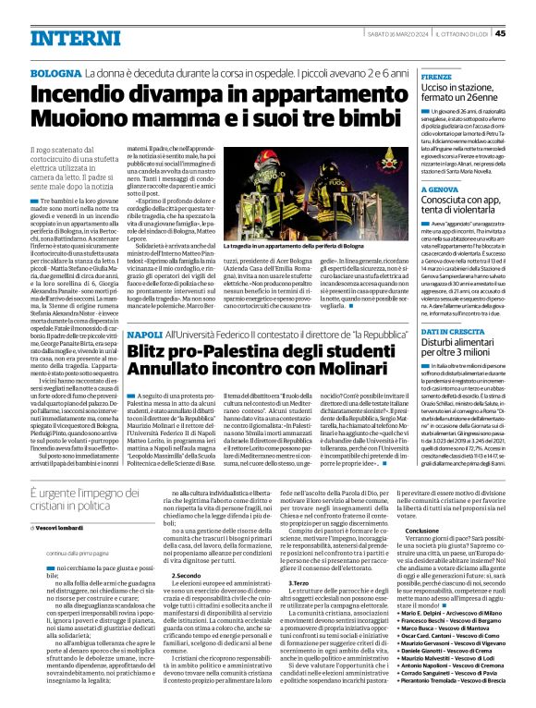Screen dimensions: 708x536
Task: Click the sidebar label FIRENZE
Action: click(438, 77)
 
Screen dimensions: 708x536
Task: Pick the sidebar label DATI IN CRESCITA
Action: click(455, 331)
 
